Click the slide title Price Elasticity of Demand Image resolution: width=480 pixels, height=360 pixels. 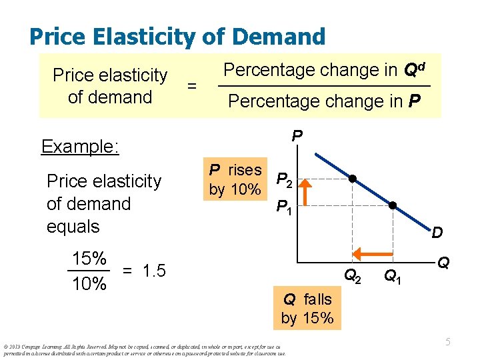coord(177,36)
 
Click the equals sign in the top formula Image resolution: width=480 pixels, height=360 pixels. coord(192,86)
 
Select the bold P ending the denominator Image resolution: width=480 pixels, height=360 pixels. coord(414,101)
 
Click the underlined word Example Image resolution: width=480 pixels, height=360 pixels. coord(80,146)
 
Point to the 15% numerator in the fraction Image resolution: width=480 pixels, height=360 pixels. coord(89,259)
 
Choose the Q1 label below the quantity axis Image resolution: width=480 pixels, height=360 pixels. coord(393,274)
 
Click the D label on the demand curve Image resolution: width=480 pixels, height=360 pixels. coord(437,233)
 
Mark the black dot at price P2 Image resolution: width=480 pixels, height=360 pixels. coord(353,179)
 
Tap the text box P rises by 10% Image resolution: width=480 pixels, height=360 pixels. coord(235,179)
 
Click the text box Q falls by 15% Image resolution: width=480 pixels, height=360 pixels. coord(307,309)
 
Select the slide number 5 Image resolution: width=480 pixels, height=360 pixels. coord(449,341)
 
